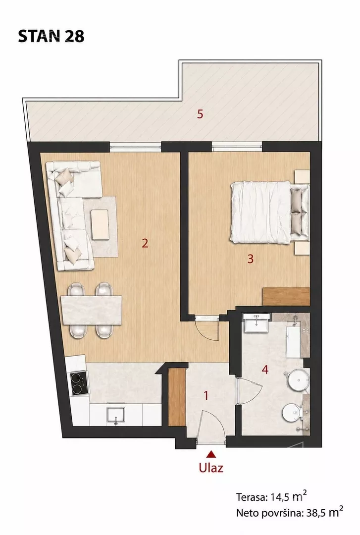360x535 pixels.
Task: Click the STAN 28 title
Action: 51,36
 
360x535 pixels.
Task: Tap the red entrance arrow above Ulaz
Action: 211,454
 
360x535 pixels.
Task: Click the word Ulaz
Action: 211,467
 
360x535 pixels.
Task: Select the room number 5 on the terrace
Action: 200,114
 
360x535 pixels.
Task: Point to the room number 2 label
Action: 145,243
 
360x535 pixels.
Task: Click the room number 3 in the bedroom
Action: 251,259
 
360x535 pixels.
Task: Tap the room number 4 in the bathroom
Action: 265,370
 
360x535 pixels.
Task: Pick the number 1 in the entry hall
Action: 206,395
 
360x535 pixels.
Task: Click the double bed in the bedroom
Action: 269,212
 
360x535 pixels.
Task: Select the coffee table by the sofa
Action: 101,224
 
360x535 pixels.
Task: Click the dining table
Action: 91,310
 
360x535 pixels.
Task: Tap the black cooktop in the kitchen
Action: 79,383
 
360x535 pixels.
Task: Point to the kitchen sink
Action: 116,415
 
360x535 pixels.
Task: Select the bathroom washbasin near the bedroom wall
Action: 257,323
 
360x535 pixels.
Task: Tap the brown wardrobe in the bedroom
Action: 286,297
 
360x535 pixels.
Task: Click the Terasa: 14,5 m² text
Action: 271,496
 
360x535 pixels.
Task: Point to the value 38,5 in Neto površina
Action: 314,513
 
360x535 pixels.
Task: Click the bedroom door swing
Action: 208,328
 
